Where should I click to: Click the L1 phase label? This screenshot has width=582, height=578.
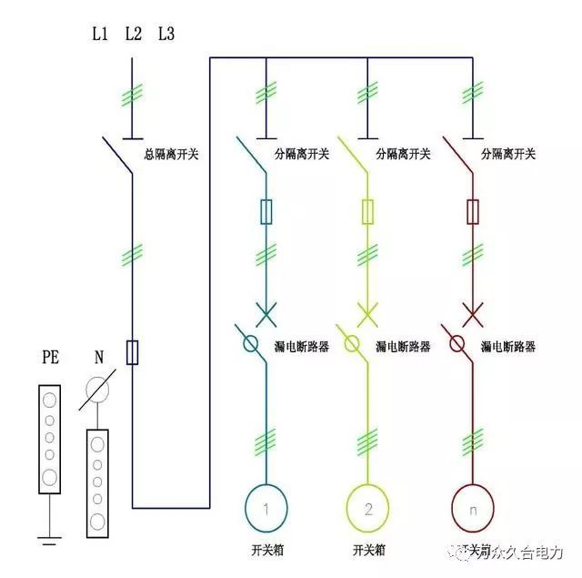[x=100, y=35]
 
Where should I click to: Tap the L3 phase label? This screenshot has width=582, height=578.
[x=166, y=35]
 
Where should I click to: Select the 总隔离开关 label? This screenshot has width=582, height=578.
[x=171, y=155]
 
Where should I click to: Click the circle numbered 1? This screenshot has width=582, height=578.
[x=266, y=507]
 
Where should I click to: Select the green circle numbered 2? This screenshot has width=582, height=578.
[x=367, y=507]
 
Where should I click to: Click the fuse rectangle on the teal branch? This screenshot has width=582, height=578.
[x=266, y=212]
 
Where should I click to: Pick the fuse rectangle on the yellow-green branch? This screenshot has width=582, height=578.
[x=367, y=212]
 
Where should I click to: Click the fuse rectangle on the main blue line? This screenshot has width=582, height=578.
[x=133, y=352]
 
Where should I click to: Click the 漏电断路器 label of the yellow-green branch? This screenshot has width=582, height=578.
[x=404, y=347]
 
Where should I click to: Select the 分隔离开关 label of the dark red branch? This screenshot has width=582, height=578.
[x=508, y=155]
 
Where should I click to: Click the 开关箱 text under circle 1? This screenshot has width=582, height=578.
[x=266, y=551]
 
